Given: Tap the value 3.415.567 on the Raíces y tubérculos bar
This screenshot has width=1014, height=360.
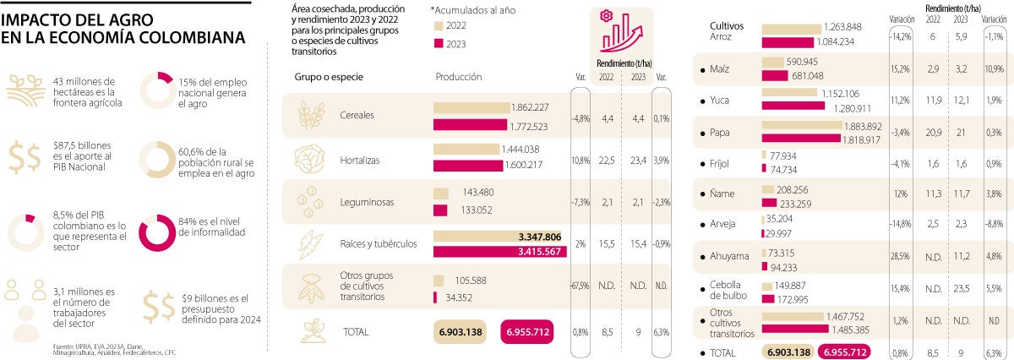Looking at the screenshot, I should pyautogui.click(x=535, y=253).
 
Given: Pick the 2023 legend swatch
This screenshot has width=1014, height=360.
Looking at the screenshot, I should pyautogui.click(x=439, y=44).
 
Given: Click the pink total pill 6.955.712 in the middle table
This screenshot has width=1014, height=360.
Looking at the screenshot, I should pyautogui.click(x=528, y=333).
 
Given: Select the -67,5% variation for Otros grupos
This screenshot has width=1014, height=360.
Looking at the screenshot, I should pyautogui.click(x=580, y=286).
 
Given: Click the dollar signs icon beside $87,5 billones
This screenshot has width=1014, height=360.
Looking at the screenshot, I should pyautogui.click(x=28, y=157).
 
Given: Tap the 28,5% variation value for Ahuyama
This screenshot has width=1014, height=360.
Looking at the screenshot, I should pyautogui.click(x=899, y=256).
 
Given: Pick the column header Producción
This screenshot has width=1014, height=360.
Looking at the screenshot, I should pyautogui.click(x=459, y=77).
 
